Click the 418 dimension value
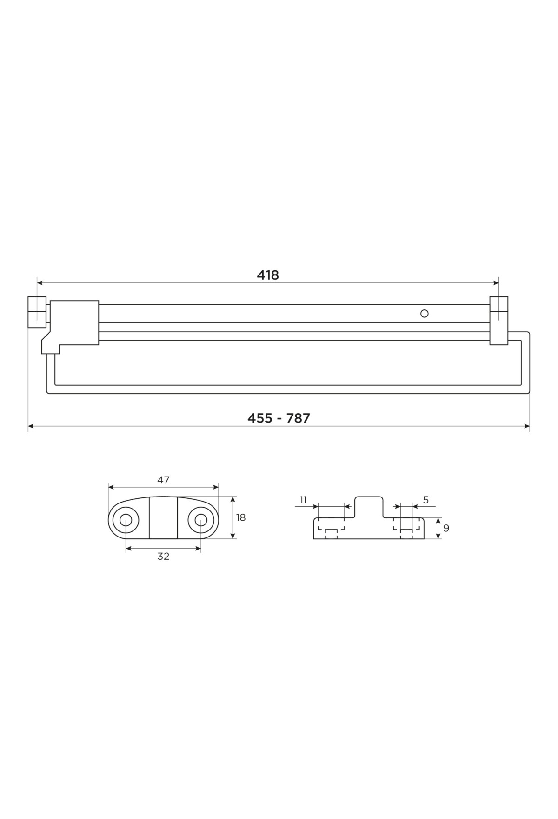[x=268, y=275]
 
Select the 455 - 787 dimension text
[x=279, y=418]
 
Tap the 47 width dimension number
[x=163, y=480]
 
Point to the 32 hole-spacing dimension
[x=163, y=556]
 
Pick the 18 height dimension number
[x=241, y=517]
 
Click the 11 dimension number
[x=303, y=500]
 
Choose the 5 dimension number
[x=426, y=500]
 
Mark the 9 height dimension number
[x=446, y=528]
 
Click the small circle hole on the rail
[x=424, y=314]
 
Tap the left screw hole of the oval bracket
[x=126, y=520]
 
